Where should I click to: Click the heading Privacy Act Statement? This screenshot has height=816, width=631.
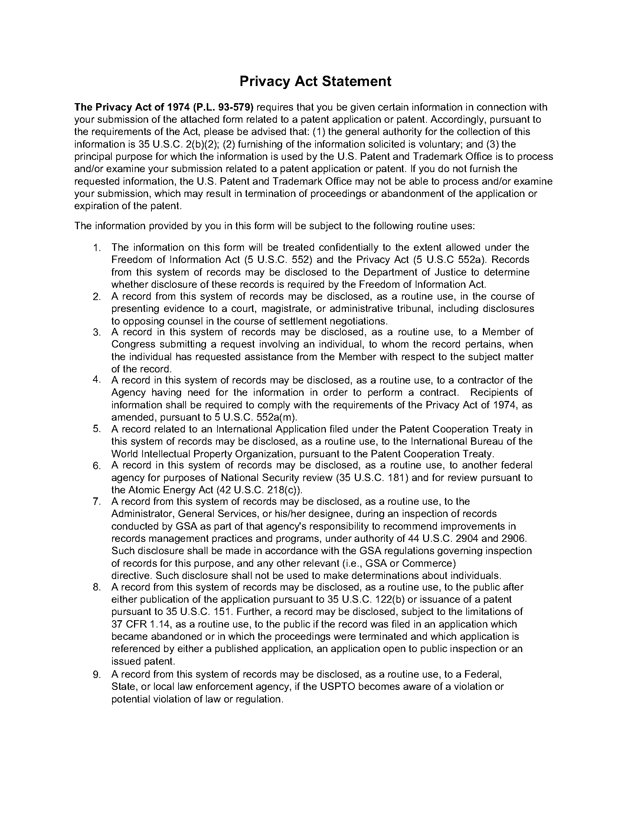315,82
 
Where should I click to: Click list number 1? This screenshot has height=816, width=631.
97,248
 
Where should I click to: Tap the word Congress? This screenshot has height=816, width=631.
133,344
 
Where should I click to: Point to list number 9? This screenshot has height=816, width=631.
97,674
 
